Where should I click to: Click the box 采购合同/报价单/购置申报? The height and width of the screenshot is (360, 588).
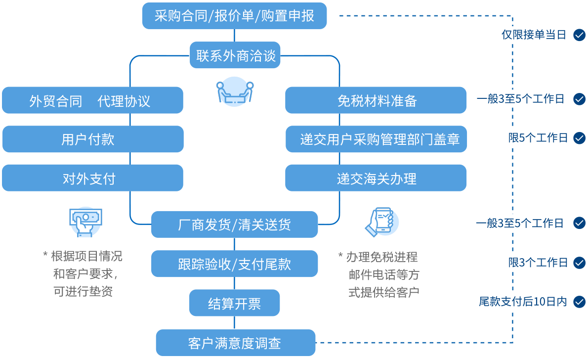coord(234,16)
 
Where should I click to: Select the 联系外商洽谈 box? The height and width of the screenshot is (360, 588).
coord(235,55)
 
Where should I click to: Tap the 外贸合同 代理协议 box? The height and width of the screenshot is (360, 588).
coord(92,101)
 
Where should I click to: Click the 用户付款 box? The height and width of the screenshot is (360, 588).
coord(92,139)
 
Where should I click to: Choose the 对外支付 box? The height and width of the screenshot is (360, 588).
coord(92,178)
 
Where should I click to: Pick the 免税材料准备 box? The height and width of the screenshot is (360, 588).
coord(376,101)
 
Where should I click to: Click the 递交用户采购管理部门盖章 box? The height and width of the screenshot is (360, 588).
coord(376,139)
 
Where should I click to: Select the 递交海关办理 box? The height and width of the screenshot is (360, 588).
coord(376,178)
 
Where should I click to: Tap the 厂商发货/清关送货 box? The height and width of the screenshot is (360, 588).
coord(234,225)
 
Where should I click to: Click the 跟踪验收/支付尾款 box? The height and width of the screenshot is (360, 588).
coord(234,264)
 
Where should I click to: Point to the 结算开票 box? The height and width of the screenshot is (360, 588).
coord(234,303)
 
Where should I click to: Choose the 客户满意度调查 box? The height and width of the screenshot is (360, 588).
coord(235,343)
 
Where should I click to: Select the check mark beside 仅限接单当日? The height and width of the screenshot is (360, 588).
coord(579,35)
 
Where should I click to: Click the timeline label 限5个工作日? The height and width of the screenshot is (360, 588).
coord(538,138)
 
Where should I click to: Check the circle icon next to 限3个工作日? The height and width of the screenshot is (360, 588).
coord(579,263)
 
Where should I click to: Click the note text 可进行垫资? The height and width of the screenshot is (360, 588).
coord(83,291)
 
